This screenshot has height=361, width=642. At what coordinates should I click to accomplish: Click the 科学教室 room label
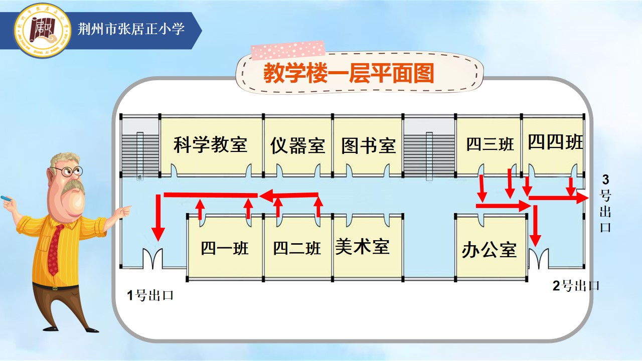pos(210,145)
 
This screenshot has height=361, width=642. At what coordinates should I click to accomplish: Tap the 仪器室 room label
pos(297,146)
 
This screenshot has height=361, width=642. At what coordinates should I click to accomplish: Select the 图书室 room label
pos(369,146)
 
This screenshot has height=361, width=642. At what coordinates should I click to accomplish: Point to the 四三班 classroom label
pos(490,144)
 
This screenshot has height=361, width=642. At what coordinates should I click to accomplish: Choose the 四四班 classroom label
pos(555,142)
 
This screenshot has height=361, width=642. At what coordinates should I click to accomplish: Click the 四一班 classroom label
pos(224,248)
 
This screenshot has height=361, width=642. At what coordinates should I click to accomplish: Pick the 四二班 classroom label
pos(296,248)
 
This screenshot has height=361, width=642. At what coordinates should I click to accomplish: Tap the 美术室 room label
pos(362,246)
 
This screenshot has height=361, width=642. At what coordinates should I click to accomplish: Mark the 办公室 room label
pos(489,250)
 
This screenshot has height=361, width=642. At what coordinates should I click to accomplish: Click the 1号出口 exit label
pos(150,295)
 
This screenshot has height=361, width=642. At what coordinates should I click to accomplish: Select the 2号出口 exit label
pos(576,286)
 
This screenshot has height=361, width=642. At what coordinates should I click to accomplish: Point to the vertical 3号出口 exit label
pos(605,203)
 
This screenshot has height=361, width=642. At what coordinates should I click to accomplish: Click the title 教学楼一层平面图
pos(349,73)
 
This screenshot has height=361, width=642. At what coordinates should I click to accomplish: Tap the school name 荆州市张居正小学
pos(131,29)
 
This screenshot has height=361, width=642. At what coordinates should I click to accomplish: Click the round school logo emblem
pos(43,30)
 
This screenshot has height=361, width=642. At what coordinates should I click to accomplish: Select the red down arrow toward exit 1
pos(158,218)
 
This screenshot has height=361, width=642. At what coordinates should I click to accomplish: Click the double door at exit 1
pos(153,259)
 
